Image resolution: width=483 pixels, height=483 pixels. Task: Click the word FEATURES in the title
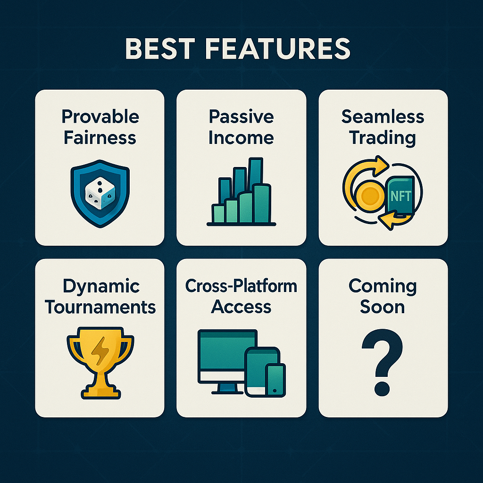pos(277,49)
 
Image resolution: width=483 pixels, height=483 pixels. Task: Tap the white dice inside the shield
pos(100,193)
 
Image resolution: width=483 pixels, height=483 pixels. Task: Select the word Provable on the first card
pos(100,117)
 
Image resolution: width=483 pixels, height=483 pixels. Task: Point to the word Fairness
pos(100,137)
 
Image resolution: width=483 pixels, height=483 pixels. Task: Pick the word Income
pos(241,137)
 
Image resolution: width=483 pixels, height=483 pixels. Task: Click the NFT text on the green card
pos(401,196)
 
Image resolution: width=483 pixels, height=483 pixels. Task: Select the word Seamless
pos(383,117)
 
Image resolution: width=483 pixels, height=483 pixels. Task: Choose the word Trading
pos(383,138)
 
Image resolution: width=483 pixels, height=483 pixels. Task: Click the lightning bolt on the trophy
pos(100,351)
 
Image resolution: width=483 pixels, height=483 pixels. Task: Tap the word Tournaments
pos(100,307)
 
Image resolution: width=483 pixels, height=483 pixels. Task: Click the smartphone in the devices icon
pos(275,380)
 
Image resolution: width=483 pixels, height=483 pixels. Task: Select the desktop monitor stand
pos(228,389)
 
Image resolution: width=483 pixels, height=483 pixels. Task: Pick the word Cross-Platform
pos(241,286)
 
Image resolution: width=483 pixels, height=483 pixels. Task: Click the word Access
pos(241,307)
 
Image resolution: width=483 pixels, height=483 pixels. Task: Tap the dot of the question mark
pos(382,389)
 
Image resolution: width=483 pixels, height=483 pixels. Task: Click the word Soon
pos(382,307)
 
